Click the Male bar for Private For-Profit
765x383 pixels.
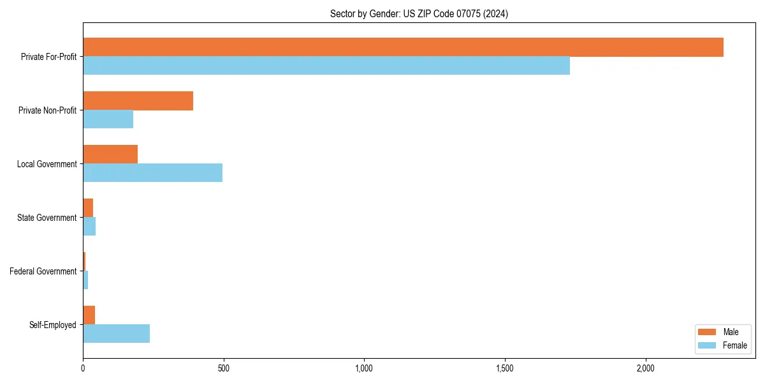pos(403,47)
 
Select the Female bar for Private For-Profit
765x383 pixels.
pos(326,66)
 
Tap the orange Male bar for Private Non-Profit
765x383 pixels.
pos(138,101)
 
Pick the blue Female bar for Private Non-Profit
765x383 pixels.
pos(108,119)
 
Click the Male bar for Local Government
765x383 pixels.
pos(110,154)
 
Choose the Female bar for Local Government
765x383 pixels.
pos(152,173)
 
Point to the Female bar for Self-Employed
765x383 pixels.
pos(116,334)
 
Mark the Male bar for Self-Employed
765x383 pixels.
pos(89,315)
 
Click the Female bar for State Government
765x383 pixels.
pos(89,227)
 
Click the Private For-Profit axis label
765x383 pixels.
pos(48,57)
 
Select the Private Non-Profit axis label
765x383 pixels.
pos(47,110)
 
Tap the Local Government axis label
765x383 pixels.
pos(47,164)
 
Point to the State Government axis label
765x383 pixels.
pos(47,218)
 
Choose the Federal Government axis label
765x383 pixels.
pos(43,271)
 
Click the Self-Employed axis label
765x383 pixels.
pos(52,325)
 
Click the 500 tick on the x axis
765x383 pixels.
pos(224,368)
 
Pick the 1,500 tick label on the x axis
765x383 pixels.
pos(504,368)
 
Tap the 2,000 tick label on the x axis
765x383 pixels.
pos(645,368)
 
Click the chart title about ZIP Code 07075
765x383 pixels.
pos(419,13)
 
